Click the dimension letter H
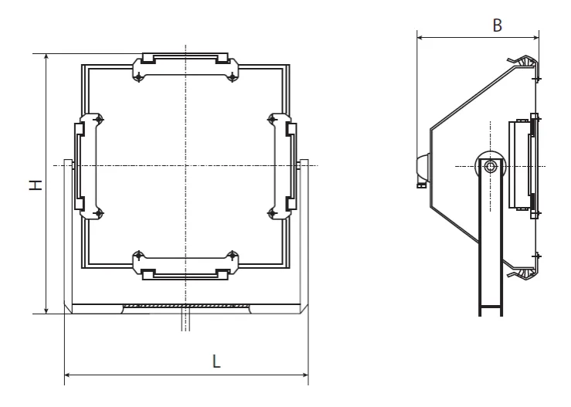pos(36,185)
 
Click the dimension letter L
pos(216,361)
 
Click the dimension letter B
pos(497,25)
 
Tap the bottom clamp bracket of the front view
pos(185,266)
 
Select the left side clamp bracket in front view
pos(89,166)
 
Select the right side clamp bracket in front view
pos(282,166)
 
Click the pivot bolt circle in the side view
pos(491,166)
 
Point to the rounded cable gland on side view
pos(423,168)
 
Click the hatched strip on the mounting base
pos(185,306)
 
